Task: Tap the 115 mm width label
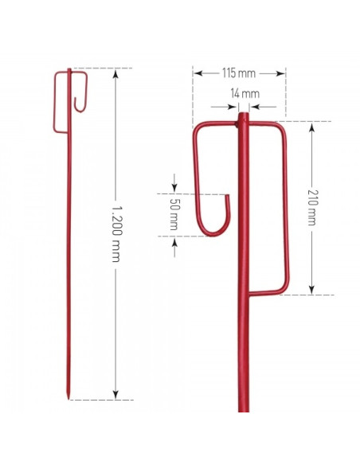click(x=239, y=73)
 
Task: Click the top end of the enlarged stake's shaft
click(x=241, y=117)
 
